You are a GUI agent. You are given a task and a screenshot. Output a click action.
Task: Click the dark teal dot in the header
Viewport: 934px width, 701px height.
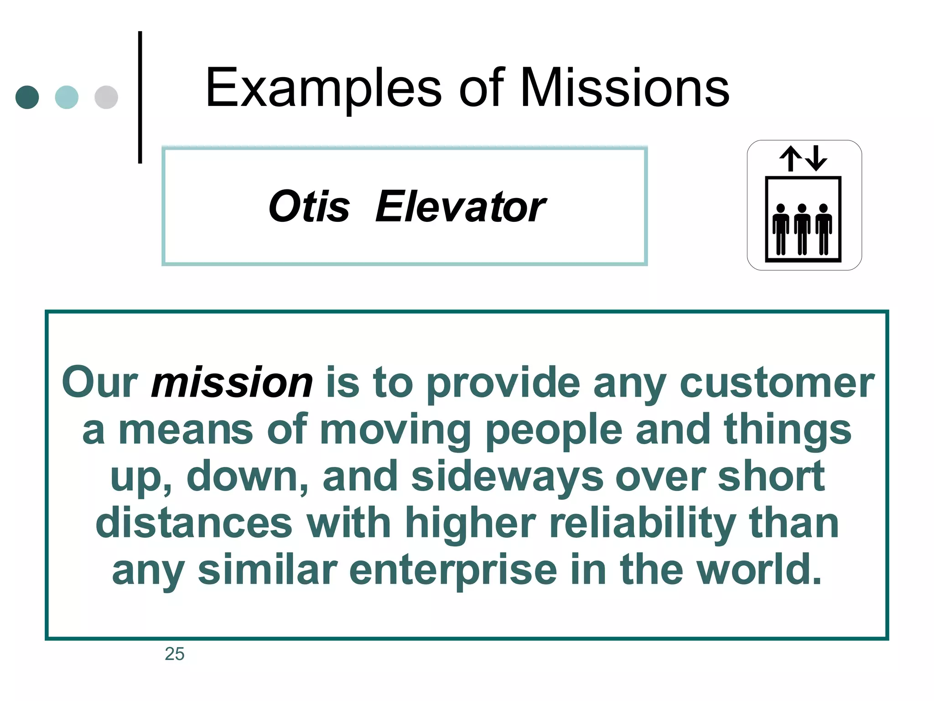(x=27, y=97)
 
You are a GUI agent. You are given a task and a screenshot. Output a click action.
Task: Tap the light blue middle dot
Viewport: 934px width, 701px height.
(x=67, y=97)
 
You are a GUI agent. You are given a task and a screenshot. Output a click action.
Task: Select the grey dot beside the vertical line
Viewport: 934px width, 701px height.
(x=106, y=97)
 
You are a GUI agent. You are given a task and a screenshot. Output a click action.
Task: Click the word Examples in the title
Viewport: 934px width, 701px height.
(x=323, y=88)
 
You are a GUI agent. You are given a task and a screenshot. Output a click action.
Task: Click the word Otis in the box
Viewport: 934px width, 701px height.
(x=309, y=207)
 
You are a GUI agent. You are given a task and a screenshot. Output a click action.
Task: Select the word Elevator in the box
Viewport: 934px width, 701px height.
(x=460, y=207)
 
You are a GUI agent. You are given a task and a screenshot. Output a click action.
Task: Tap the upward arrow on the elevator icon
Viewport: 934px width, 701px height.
(x=790, y=158)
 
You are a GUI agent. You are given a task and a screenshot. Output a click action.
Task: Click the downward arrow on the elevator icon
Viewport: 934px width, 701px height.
(x=816, y=158)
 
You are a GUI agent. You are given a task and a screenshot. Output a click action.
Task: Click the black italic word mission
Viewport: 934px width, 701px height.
(x=232, y=382)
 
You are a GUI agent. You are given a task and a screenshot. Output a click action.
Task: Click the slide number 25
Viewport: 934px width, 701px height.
(x=174, y=654)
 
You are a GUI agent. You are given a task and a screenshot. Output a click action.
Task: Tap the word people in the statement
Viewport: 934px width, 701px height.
(x=553, y=429)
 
